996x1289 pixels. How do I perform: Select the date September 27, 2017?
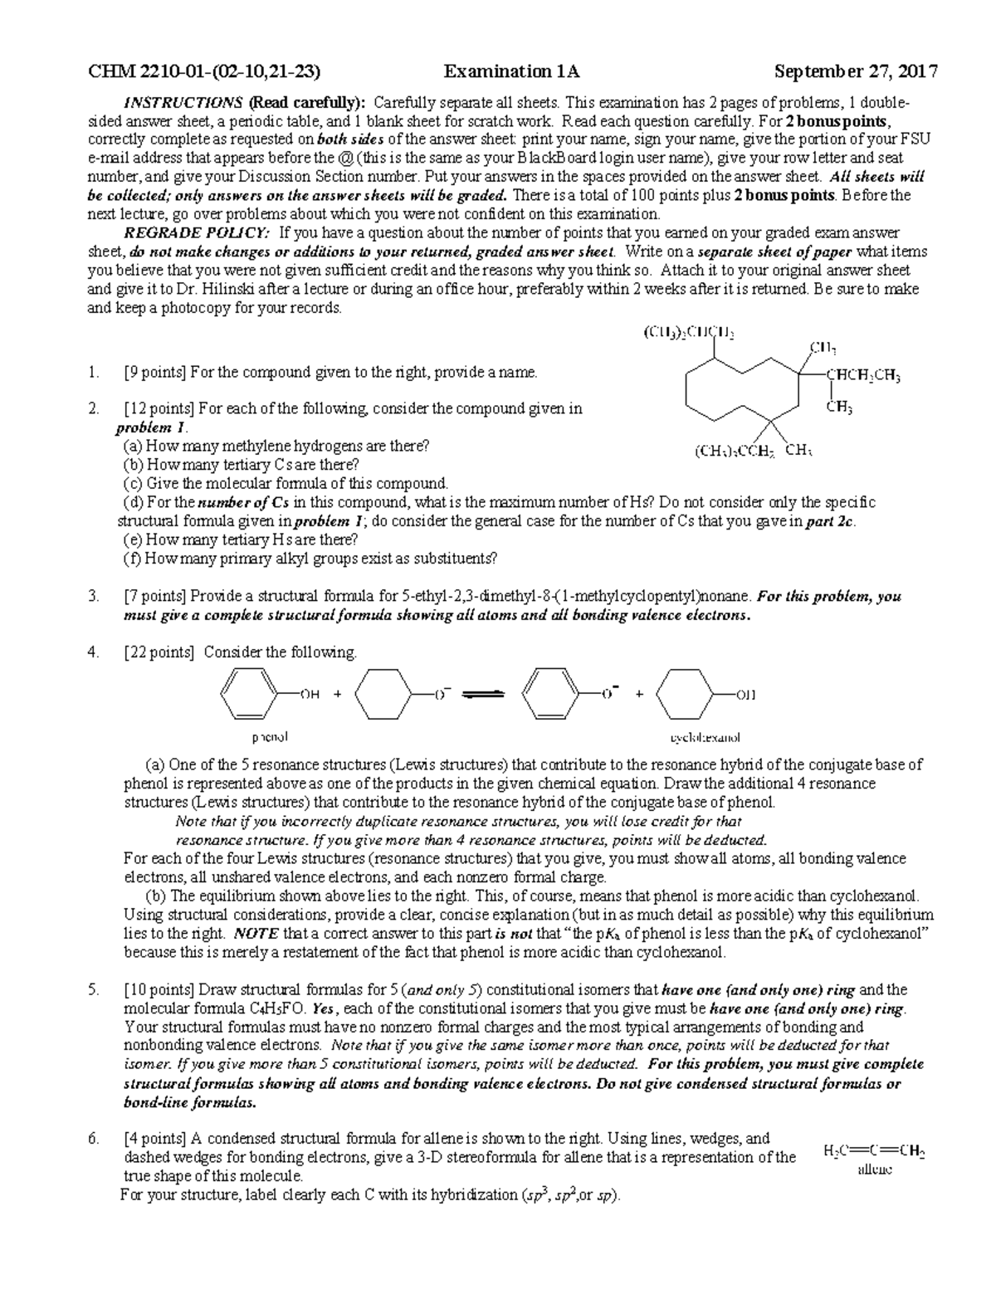(856, 71)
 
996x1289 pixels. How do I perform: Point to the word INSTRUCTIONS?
(183, 103)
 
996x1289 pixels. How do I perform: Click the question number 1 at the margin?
(91, 372)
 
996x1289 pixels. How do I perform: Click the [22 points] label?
(158, 652)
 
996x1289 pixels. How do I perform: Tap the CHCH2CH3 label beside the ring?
(863, 375)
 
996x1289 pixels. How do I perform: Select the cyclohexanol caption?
(705, 737)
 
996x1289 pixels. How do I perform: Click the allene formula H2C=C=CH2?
(874, 1151)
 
